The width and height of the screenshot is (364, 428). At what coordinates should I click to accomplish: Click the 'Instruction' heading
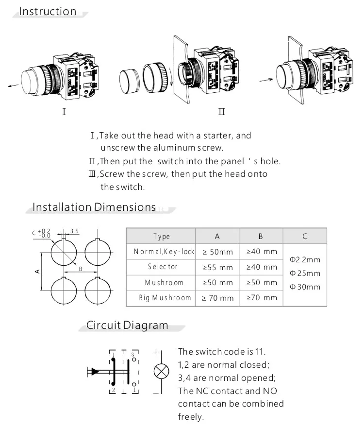(48, 11)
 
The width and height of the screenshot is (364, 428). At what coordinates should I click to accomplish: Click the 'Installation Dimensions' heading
(94, 207)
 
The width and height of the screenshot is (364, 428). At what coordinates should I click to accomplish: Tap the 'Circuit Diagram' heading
(127, 325)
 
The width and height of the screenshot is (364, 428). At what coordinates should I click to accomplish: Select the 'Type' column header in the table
(162, 237)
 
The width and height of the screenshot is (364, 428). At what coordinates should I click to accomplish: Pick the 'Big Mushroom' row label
(165, 298)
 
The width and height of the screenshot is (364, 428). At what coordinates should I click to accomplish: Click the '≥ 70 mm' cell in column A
(217, 298)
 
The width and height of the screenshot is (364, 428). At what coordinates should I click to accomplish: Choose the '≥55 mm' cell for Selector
(217, 267)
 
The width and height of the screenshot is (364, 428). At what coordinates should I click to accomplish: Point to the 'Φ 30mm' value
(305, 287)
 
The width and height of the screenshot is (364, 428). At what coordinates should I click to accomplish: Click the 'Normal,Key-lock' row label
(164, 252)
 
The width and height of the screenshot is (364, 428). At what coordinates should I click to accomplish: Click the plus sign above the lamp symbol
(156, 352)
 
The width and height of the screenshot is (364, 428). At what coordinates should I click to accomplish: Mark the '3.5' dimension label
(74, 231)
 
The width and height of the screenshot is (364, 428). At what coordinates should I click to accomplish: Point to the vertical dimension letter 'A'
(37, 271)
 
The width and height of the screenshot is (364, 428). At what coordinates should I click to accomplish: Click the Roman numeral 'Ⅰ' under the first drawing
(64, 112)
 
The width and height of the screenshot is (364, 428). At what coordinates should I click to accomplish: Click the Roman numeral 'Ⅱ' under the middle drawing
(221, 112)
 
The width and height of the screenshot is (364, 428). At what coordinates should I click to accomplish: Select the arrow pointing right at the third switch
(265, 79)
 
